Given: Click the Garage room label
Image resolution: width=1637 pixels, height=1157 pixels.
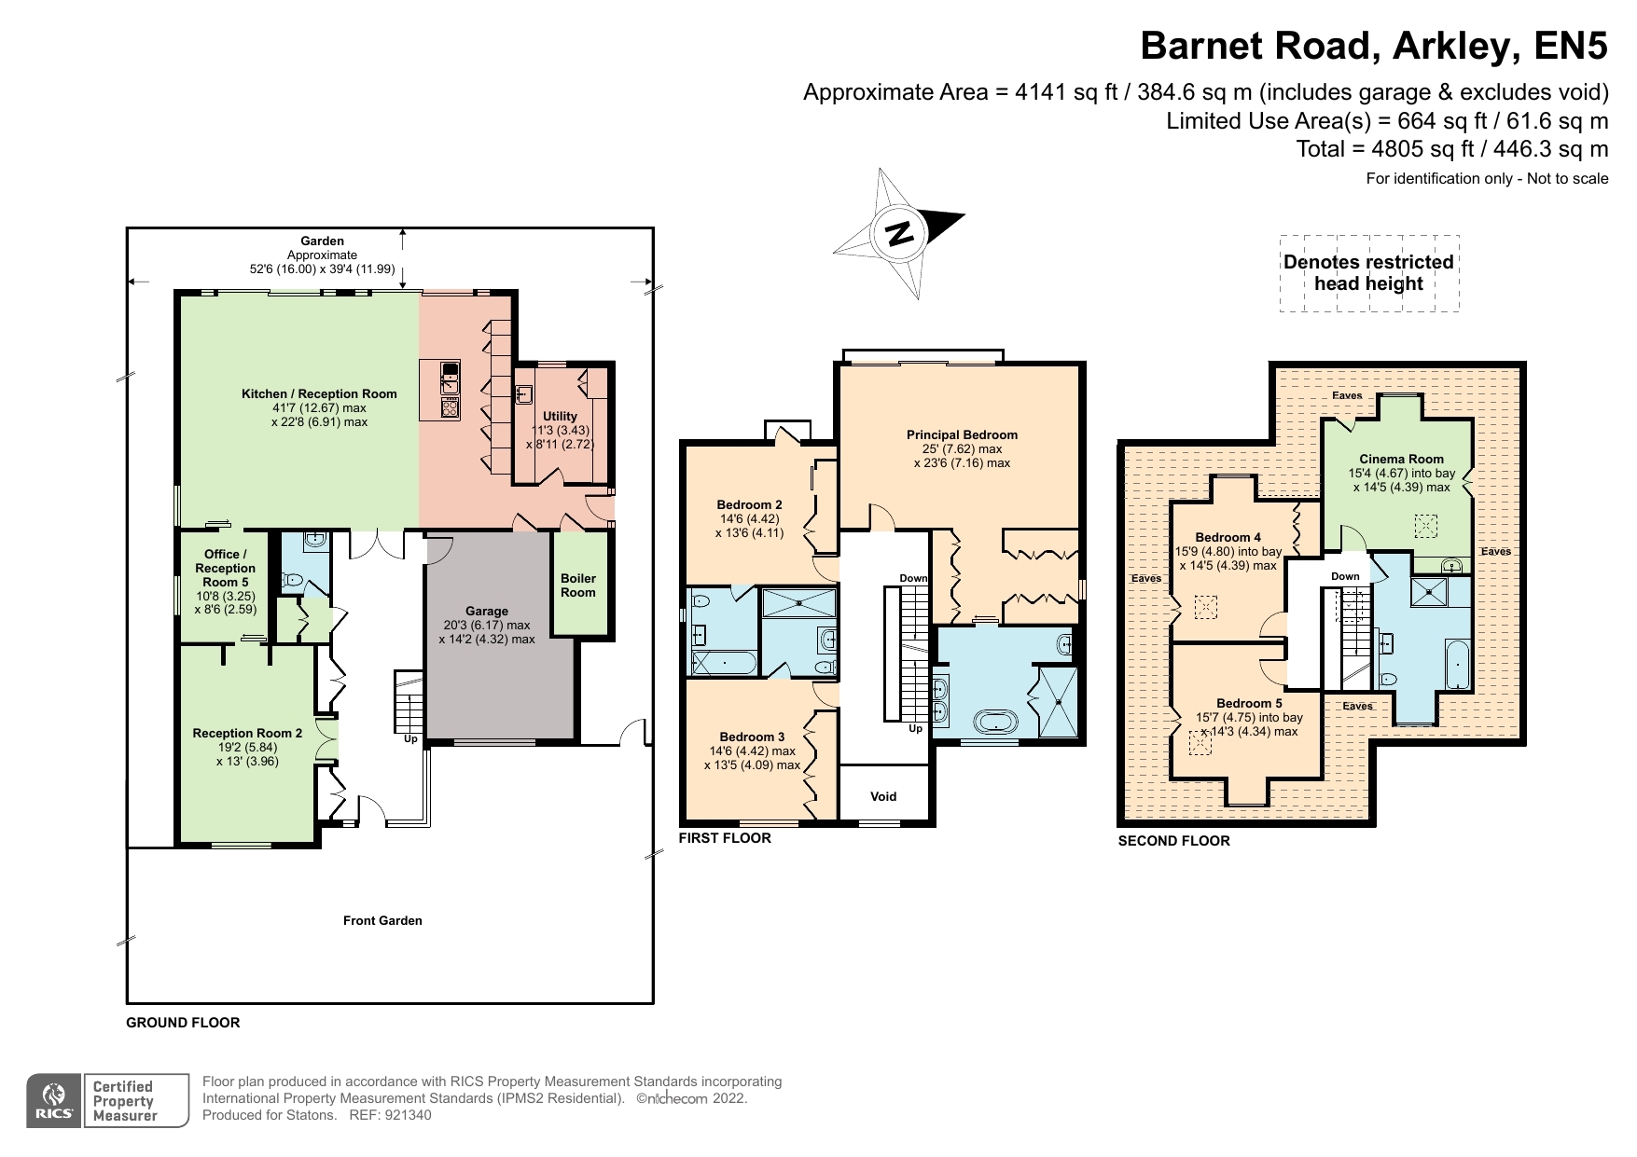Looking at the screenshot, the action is (487, 612).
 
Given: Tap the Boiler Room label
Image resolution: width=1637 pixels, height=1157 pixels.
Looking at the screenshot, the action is (578, 585).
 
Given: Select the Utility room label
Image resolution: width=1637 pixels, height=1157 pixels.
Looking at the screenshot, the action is (561, 417).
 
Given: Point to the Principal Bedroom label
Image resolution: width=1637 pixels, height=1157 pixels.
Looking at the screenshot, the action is (962, 434).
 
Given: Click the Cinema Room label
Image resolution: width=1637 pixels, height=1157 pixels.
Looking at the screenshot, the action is (1401, 459).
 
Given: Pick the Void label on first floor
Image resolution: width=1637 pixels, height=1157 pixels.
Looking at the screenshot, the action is (883, 796).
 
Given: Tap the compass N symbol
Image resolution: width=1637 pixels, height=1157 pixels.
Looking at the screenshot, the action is (899, 233).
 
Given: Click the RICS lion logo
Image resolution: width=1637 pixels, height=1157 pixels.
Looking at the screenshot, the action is (54, 1095).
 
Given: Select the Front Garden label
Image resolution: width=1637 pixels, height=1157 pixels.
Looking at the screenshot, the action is (382, 920).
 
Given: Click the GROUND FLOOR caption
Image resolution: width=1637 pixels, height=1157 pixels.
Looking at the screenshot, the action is (183, 1023).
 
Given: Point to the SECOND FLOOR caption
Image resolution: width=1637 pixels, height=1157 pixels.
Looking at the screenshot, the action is (1173, 841).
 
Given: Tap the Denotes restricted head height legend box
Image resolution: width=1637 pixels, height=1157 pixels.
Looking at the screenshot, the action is (1368, 272).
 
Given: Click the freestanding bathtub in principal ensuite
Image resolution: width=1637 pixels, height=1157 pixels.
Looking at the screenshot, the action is (997, 722).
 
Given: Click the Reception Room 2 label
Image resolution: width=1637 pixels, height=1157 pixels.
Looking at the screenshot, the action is (247, 733).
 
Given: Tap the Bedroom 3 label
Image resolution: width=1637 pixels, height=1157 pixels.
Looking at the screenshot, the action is (752, 737).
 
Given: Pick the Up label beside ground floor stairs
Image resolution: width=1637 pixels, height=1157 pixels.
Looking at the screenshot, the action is (410, 739).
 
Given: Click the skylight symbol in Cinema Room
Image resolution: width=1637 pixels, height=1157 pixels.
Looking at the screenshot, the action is (1425, 526).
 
